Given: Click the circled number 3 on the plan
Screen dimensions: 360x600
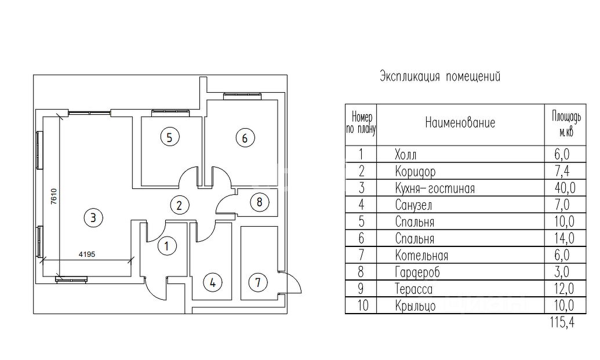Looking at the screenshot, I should (x=93, y=217).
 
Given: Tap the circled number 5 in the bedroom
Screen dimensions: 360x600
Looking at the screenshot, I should (x=169, y=137).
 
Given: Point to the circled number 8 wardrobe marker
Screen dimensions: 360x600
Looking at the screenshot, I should (x=259, y=202).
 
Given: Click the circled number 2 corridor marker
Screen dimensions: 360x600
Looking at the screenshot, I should (x=179, y=204).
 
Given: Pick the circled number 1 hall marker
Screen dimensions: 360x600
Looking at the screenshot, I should (x=167, y=246).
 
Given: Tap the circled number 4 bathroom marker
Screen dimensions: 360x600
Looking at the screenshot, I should (x=213, y=283).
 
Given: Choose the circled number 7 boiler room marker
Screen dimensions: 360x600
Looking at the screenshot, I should (x=258, y=283).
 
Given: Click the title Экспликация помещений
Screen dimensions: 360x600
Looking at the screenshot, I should (x=439, y=77).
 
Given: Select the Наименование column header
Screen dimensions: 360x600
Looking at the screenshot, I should (x=460, y=123).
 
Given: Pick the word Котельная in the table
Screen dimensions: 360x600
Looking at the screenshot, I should (x=421, y=256).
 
